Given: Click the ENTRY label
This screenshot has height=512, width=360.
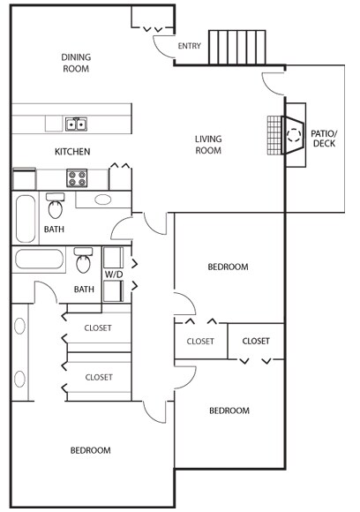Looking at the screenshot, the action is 190,46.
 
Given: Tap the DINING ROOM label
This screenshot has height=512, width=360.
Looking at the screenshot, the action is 76,63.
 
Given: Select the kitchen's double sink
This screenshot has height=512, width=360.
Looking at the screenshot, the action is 77,124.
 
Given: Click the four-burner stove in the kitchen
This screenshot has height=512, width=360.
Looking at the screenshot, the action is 77,178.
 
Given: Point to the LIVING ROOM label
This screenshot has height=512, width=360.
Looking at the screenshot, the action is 208,145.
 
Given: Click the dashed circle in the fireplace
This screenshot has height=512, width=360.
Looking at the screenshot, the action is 294,135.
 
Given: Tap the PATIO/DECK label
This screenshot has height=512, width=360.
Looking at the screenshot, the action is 324,139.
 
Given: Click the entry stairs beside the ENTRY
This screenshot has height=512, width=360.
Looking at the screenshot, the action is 237,48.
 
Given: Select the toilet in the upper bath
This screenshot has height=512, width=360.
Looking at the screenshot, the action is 56,206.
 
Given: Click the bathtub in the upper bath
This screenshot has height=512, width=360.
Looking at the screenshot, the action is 26,219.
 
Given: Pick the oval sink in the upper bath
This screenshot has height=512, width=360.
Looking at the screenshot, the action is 103,200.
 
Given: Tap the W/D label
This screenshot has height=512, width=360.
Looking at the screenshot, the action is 114,275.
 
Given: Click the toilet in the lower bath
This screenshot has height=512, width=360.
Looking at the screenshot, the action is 83,260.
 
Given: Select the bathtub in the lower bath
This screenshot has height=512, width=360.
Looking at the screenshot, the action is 39,260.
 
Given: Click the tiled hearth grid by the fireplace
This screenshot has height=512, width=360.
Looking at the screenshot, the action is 274,135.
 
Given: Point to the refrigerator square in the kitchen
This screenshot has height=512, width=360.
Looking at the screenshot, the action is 24,179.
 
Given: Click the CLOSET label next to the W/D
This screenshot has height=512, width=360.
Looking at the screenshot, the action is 98,328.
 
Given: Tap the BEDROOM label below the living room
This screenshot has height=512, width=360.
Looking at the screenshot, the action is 228,267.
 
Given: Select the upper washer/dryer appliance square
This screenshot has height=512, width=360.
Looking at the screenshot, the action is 113,258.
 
